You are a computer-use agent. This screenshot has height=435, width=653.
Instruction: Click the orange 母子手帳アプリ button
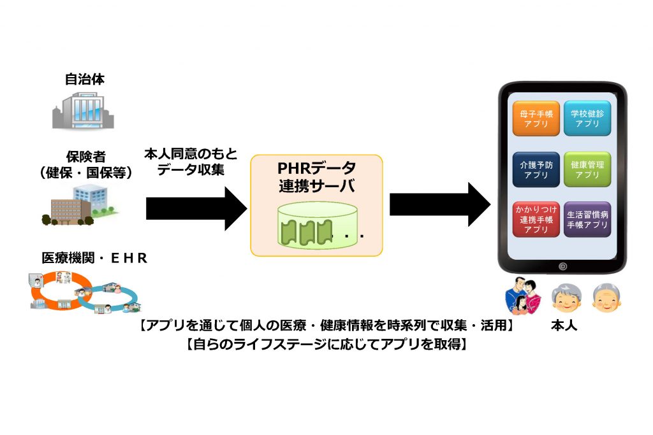(536, 118)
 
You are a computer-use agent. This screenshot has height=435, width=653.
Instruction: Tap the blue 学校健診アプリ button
(587, 118)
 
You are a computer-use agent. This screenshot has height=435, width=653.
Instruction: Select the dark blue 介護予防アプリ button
(536, 169)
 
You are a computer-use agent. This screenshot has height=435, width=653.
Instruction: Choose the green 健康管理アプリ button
(587, 169)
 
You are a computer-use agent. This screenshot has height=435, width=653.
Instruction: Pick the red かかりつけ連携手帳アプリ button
(536, 219)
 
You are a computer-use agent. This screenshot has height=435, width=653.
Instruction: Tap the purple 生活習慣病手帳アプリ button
(587, 219)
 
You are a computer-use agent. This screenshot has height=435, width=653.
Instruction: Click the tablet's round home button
(562, 266)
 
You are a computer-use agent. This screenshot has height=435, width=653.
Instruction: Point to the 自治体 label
(84, 80)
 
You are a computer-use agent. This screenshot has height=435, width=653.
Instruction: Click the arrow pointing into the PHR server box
(195, 208)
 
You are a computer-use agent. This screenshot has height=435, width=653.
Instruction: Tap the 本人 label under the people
(564, 325)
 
